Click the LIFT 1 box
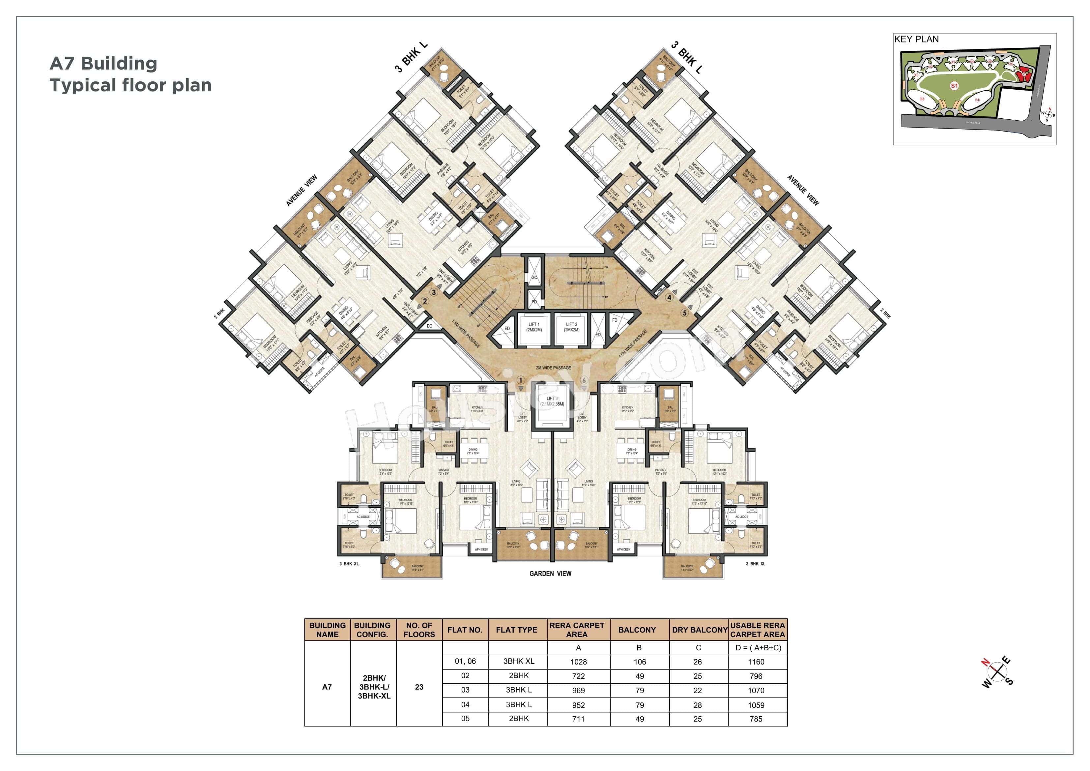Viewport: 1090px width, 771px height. [x=533, y=327]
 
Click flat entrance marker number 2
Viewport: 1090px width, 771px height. [x=425, y=301]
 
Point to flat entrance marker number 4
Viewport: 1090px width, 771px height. [x=669, y=298]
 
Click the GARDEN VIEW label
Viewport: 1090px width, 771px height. [x=550, y=573]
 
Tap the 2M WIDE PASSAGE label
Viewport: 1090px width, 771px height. [x=553, y=368]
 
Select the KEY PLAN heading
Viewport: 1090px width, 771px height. [x=916, y=40]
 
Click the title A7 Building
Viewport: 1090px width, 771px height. [x=103, y=63]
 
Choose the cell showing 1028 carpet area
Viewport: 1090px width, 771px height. [x=578, y=662]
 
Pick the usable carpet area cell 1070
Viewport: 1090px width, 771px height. [x=756, y=691]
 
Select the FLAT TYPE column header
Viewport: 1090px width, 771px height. [x=517, y=630]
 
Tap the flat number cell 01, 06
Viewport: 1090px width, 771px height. [x=465, y=661]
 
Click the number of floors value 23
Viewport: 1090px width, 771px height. [x=419, y=687]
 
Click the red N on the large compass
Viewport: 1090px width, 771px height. [x=986, y=662]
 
